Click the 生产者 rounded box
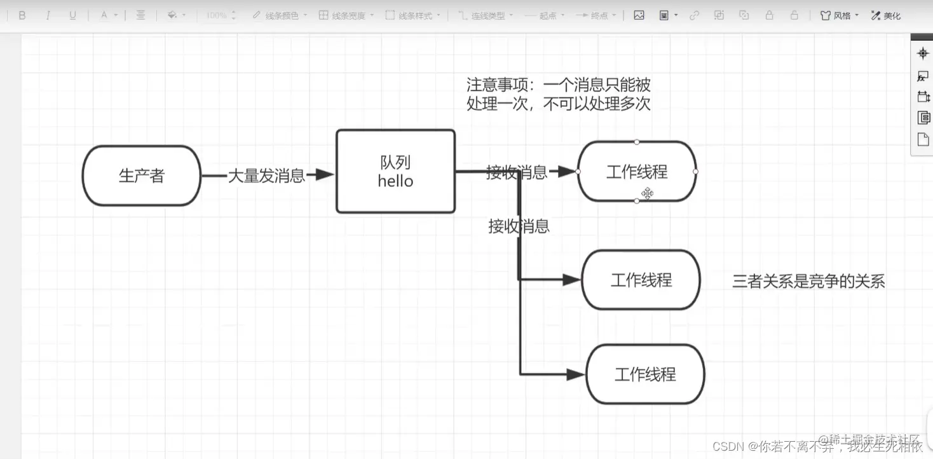click(141, 175)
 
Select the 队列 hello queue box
click(395, 171)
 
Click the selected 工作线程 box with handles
click(637, 172)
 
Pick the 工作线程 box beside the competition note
click(641, 280)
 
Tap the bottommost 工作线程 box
click(645, 374)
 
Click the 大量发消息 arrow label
click(266, 175)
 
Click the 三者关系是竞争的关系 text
click(808, 281)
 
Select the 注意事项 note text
click(558, 94)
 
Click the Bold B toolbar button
click(22, 15)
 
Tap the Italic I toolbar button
click(48, 15)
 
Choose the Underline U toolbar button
click(72, 15)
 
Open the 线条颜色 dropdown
click(280, 15)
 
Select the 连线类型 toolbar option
click(486, 15)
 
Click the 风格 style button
click(840, 15)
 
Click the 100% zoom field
click(220, 15)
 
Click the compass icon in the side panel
click(923, 53)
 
